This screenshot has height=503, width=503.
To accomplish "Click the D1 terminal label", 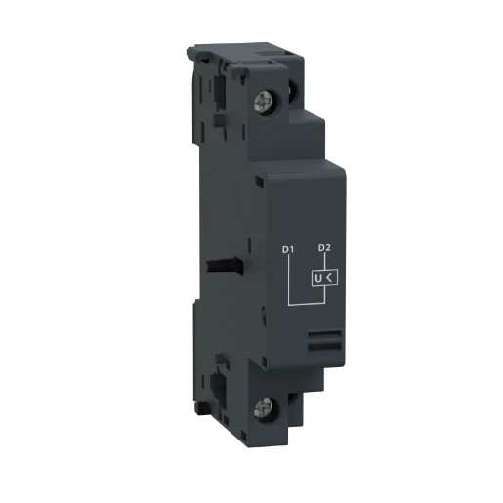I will coord(287,250).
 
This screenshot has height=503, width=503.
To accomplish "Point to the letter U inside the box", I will coord(317,281).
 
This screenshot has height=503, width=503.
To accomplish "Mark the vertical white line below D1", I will coord(287,278).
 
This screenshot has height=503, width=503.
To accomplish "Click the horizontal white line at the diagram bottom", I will coord(305,304).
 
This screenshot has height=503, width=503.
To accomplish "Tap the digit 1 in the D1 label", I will coord(291,250).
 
